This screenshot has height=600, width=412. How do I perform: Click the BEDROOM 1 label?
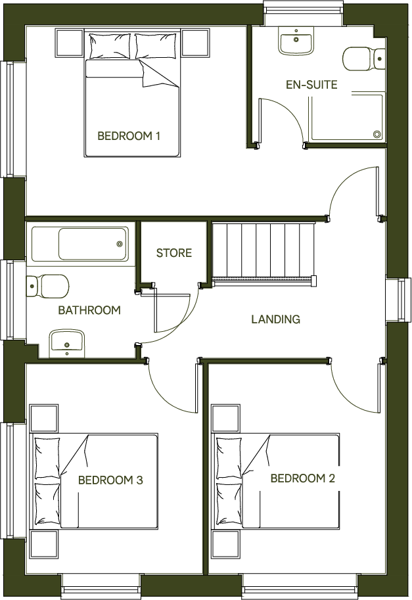point(129,137)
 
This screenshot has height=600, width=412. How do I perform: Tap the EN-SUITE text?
point(311,85)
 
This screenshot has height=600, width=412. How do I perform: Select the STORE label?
point(173,253)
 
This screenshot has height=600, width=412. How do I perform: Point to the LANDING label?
point(275,320)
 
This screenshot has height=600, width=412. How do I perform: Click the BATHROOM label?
point(89,310)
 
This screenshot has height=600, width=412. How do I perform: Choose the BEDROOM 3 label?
point(110,480)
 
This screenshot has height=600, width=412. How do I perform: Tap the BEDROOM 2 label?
point(302,478)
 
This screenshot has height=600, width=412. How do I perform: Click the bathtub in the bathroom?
point(81,244)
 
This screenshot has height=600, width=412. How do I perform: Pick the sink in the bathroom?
point(67,341)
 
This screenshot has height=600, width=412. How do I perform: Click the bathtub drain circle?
point(120,244)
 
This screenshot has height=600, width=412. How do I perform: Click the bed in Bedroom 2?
point(276,480)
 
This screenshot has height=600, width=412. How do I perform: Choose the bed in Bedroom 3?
point(96,480)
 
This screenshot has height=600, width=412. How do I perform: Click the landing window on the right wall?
point(400,301)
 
